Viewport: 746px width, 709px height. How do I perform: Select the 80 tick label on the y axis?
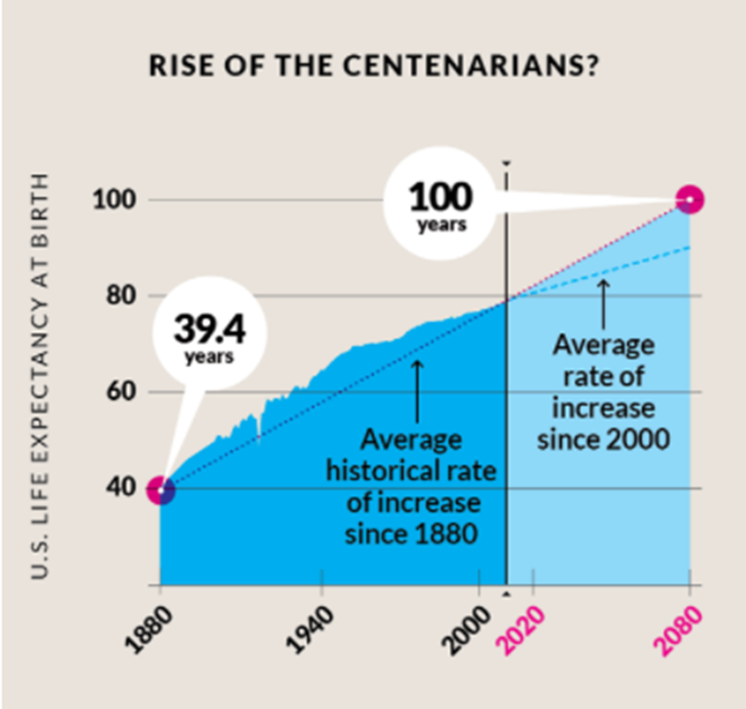click(116, 296)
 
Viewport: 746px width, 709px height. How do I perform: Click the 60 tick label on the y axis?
click(116, 392)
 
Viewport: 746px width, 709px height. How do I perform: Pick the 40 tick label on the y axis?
click(116, 488)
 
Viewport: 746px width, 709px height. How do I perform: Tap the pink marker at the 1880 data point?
click(161, 489)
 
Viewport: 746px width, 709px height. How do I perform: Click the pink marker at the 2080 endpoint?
click(689, 200)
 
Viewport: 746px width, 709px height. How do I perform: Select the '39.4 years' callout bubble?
click(208, 335)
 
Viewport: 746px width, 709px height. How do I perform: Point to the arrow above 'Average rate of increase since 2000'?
click(603, 303)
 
